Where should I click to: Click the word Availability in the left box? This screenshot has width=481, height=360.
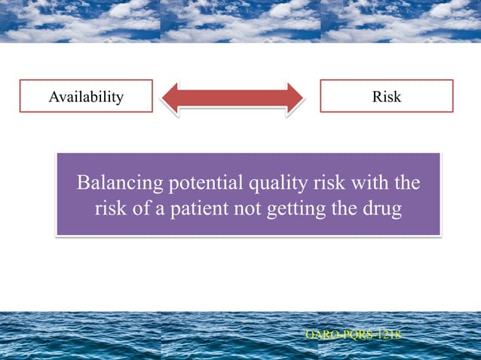tap(86, 96)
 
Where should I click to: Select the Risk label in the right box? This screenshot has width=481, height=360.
tap(387, 96)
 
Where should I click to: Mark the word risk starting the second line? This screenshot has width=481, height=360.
tap(109, 209)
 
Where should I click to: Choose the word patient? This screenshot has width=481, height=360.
tap(198, 209)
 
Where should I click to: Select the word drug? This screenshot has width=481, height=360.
tap(382, 209)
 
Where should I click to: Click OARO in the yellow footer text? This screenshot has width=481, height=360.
tap(317, 333)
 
